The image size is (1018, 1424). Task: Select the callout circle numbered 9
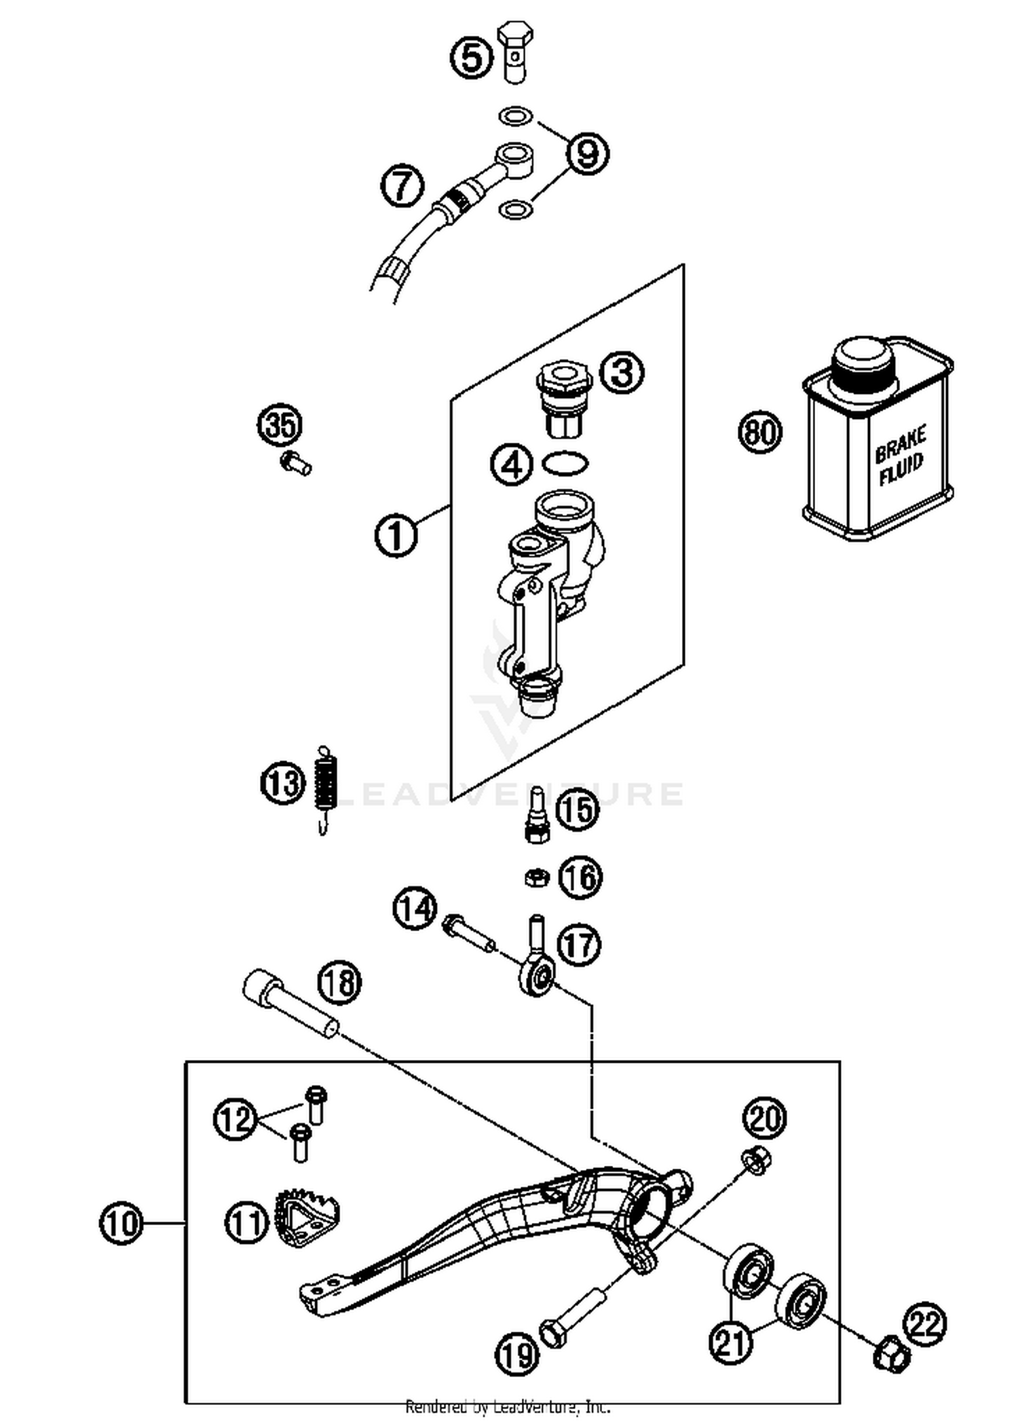coord(587,152)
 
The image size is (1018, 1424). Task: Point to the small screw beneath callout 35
coord(295,463)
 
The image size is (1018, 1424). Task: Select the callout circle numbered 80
coord(760,432)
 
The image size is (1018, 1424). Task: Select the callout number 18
coord(340,983)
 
